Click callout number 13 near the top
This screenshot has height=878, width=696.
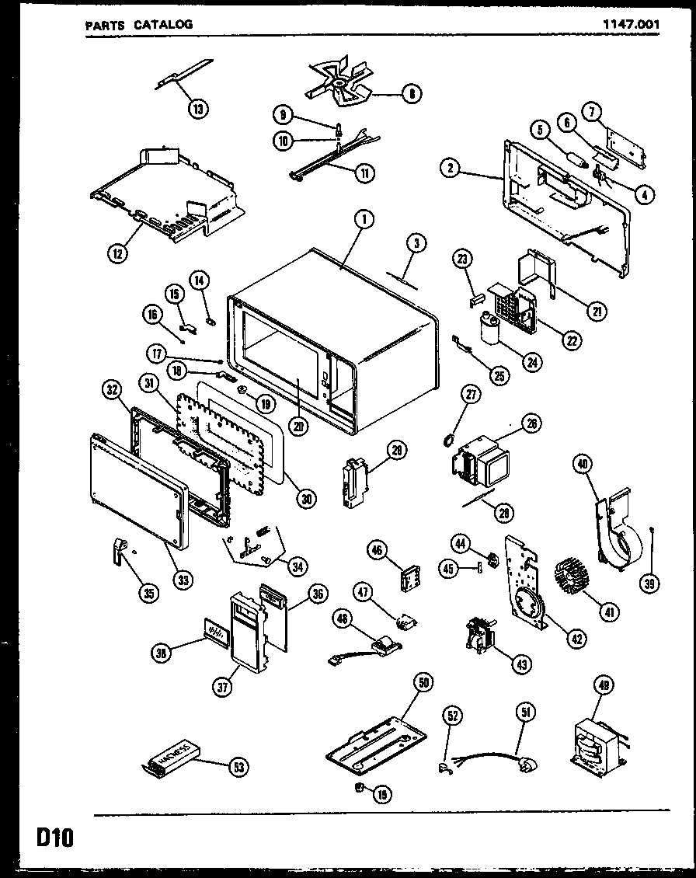pos(198,109)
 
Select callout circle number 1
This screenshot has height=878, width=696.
pos(361,221)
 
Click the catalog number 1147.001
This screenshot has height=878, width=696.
pos(631,24)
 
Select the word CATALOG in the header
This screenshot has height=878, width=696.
pos(162,24)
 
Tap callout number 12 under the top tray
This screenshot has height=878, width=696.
pos(117,253)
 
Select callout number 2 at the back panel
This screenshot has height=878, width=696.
pos(448,165)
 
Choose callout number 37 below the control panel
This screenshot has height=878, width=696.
pos(222,685)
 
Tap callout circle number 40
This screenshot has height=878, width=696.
pos(582,465)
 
